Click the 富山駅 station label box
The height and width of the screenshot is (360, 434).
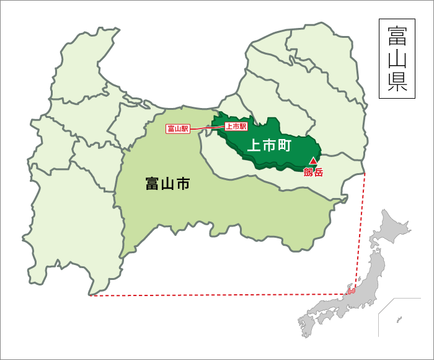point(177,129)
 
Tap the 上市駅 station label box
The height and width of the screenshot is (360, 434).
point(236,126)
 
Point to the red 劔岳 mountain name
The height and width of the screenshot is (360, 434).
point(313,173)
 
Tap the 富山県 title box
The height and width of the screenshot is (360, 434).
point(397,59)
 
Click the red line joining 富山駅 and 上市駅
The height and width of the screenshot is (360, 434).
point(206,128)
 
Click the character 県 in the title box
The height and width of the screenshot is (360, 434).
point(397,84)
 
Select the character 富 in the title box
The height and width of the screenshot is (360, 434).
point(397,35)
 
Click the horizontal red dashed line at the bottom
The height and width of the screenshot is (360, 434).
point(217,295)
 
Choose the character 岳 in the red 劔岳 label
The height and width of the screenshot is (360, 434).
point(318,173)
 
